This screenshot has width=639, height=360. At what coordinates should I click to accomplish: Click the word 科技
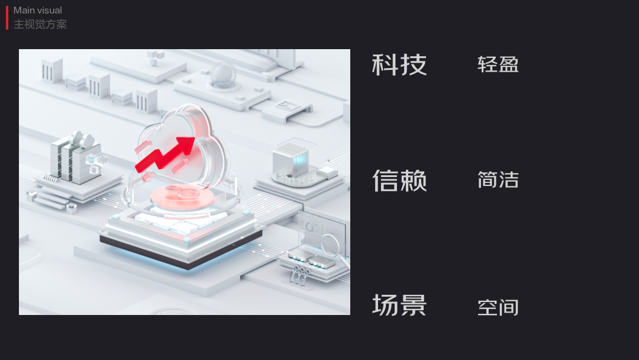click(399, 65)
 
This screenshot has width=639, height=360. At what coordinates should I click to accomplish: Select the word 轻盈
click(498, 64)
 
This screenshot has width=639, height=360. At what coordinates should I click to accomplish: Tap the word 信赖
click(399, 181)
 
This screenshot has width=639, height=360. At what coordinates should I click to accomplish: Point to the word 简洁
click(498, 179)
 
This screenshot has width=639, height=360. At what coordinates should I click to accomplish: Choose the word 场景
click(399, 305)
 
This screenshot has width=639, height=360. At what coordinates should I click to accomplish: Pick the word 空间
click(498, 307)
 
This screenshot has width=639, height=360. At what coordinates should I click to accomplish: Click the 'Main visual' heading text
click(38, 10)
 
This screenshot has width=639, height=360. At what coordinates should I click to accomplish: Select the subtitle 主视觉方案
click(40, 24)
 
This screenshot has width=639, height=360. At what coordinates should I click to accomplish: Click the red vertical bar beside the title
click(7, 18)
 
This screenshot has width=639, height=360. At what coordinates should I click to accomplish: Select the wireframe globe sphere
click(222, 73)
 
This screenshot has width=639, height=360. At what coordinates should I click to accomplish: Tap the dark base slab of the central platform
click(180, 249)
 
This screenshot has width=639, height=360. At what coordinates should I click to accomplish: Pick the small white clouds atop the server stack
click(81, 140)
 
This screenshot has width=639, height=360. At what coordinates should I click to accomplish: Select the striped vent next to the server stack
click(52, 177)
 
